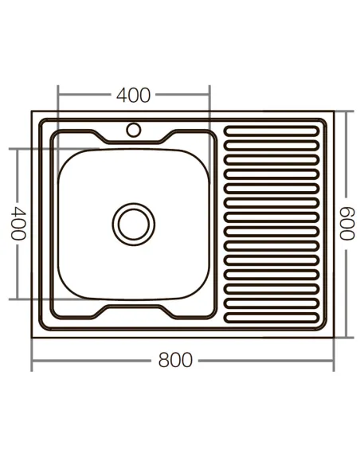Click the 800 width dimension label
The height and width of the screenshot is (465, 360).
(174, 361)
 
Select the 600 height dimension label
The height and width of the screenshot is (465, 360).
(347, 224)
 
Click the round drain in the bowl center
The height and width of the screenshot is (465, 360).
(132, 222)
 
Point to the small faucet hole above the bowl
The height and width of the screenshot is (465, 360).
(133, 128)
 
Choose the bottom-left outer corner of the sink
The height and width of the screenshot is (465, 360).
(32, 337)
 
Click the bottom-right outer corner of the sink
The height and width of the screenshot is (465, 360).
(335, 337)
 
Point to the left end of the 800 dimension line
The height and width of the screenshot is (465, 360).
(32, 361)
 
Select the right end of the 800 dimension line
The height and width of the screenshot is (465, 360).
(335, 361)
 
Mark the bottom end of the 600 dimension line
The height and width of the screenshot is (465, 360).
(347, 337)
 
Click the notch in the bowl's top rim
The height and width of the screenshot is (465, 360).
(133, 142)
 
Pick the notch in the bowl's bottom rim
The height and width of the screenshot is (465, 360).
(133, 308)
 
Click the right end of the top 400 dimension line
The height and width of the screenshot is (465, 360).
(209, 95)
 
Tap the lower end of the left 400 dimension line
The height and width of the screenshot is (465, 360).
(18, 299)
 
